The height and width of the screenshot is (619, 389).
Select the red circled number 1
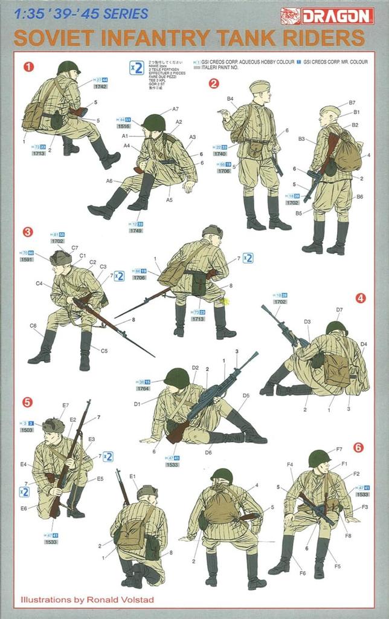pyautogui.click(x=28, y=66)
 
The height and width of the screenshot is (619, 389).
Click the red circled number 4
pyautogui.click(x=360, y=298)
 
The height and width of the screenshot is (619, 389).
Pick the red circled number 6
pyautogui.click(x=358, y=447)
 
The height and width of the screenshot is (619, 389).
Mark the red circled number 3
pyautogui.click(x=28, y=232)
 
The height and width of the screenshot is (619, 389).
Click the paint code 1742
pyautogui.click(x=101, y=87)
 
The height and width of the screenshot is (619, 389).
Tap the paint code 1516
pyautogui.click(x=124, y=126)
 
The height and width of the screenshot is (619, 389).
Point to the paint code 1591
pyautogui.click(x=27, y=260)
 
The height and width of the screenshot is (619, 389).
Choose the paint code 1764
pyautogui.click(x=143, y=389)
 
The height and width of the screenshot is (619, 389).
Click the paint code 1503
pyautogui.click(x=27, y=430)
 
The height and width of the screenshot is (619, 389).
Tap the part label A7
pyautogui.click(x=175, y=109)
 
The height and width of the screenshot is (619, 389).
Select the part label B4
pyautogui.click(x=230, y=99)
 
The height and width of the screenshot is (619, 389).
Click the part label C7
pyautogui.click(x=74, y=248)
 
